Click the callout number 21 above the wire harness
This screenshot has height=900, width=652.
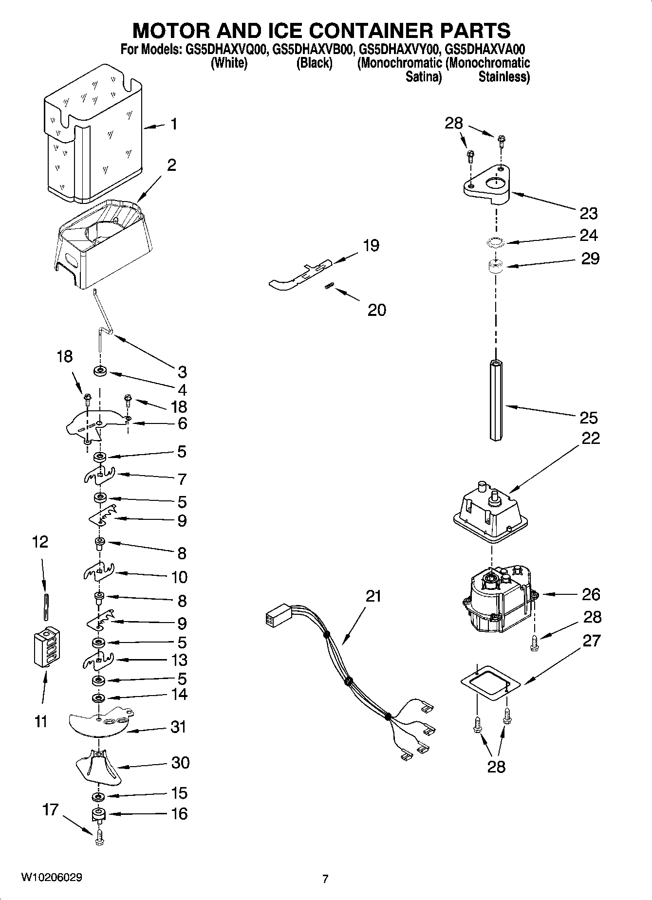click(373, 596)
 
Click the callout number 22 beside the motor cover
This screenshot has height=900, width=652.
click(590, 438)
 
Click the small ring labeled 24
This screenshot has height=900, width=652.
click(495, 242)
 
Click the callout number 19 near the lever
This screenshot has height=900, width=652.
click(371, 245)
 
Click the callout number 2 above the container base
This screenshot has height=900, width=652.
click(171, 165)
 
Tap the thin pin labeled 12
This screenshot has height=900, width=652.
click(46, 607)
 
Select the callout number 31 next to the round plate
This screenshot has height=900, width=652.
click(178, 727)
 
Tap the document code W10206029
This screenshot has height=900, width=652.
click(51, 877)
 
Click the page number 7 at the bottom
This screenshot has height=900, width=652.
click(325, 879)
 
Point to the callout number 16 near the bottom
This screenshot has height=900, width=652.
click(179, 813)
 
